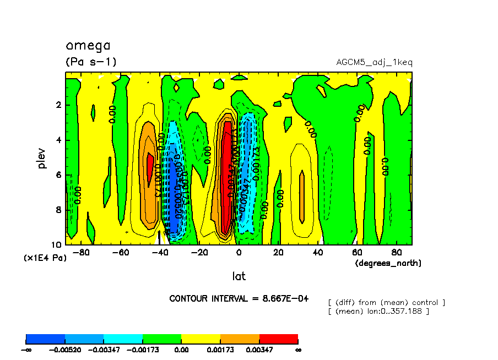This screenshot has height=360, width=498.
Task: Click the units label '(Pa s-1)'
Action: tap(91, 62)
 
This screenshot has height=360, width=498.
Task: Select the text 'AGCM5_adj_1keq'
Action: tap(374, 62)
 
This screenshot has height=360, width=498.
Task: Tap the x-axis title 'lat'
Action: tap(239, 276)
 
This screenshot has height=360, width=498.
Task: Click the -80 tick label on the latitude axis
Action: tap(81, 253)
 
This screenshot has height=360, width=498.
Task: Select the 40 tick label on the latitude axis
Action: tap(318, 253)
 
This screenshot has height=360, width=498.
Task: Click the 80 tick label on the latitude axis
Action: tap(396, 253)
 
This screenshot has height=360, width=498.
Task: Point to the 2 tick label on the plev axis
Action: tap(59, 105)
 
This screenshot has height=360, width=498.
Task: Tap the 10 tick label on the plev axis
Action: tap(57, 244)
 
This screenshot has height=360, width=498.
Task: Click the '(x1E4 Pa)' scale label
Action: tap(45, 258)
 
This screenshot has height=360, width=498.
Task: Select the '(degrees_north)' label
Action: tap(388, 263)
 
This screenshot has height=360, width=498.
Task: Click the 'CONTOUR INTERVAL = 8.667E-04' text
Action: tap(239, 298)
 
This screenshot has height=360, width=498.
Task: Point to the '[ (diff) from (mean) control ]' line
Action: tap(386, 303)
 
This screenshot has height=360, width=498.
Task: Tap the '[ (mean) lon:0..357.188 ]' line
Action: tap(378, 312)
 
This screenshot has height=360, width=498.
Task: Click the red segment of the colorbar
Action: tap(278, 339)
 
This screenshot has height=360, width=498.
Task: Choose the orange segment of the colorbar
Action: tap(240, 339)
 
